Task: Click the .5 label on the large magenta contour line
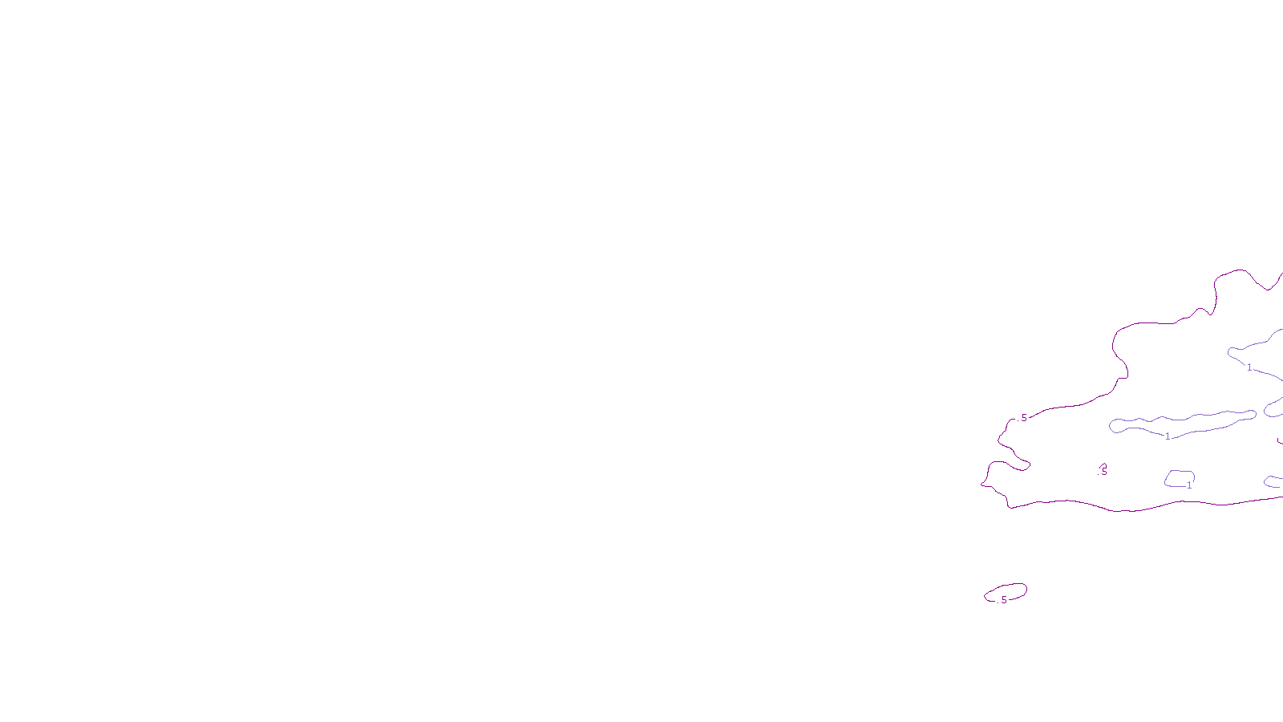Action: [x=1023, y=418]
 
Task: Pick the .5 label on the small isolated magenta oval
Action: [x=1003, y=599]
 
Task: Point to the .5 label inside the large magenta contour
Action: [x=1103, y=471]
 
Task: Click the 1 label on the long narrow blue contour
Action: [x=1168, y=436]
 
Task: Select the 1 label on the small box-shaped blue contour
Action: [x=1189, y=485]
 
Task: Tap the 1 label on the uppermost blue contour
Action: [x=1249, y=367]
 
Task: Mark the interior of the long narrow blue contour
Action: [x=1187, y=423]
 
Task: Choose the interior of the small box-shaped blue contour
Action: [x=1179, y=478]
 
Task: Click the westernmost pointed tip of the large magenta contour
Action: [x=982, y=483]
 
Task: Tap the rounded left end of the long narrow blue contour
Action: [x=1111, y=425]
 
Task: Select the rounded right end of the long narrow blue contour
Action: [x=1255, y=414]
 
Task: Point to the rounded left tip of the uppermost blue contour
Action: [x=1229, y=351]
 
